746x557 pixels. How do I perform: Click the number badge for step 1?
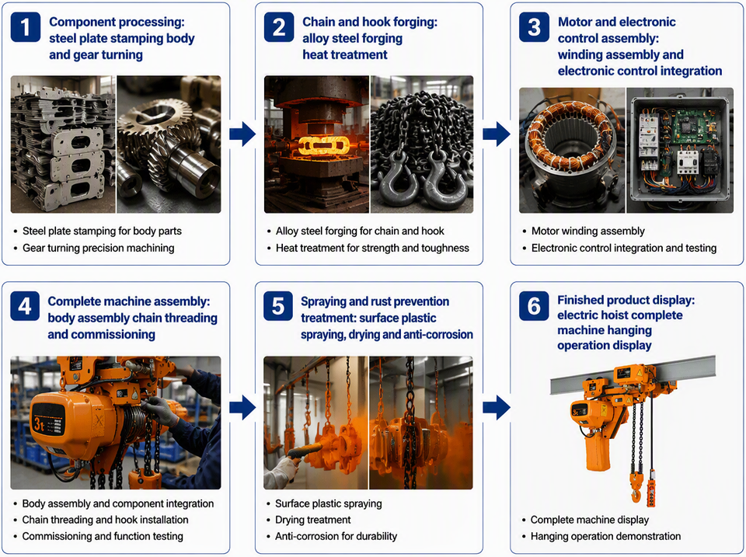[25, 28]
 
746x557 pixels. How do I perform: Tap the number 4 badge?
[25, 306]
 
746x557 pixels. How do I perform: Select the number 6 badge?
[534, 306]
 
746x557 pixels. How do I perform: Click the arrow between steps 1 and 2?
[242, 134]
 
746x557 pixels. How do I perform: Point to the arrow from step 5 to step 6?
[497, 408]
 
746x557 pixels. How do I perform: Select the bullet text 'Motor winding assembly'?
[588, 232]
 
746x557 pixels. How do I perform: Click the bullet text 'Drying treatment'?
[313, 520]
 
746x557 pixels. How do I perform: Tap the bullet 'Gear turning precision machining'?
[99, 248]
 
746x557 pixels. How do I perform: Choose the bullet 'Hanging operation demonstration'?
[605, 537]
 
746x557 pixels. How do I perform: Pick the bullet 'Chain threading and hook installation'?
[105, 520]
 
